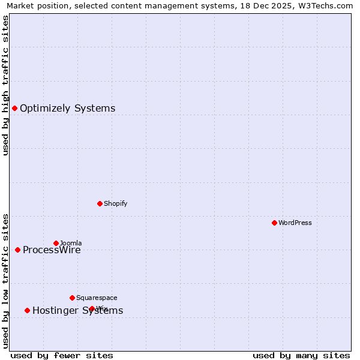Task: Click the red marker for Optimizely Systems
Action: click(14, 108)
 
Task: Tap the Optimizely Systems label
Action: click(67, 109)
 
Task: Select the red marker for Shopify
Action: click(100, 203)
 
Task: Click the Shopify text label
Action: click(115, 204)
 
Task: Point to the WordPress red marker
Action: click(274, 223)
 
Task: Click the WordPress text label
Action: click(295, 223)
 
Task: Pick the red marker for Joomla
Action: click(56, 243)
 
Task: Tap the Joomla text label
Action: click(71, 243)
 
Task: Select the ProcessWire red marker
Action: click(17, 250)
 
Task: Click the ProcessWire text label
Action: click(52, 250)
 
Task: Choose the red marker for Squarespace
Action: click(72, 298)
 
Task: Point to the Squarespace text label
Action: click(97, 298)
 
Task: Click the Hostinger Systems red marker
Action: click(27, 310)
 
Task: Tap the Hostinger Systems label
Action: click(77, 311)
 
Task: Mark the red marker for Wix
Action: click(92, 308)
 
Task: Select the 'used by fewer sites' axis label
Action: click(62, 356)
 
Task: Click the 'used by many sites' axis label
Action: click(301, 356)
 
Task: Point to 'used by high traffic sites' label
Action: click(5, 85)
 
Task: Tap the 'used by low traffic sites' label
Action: click(5, 281)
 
